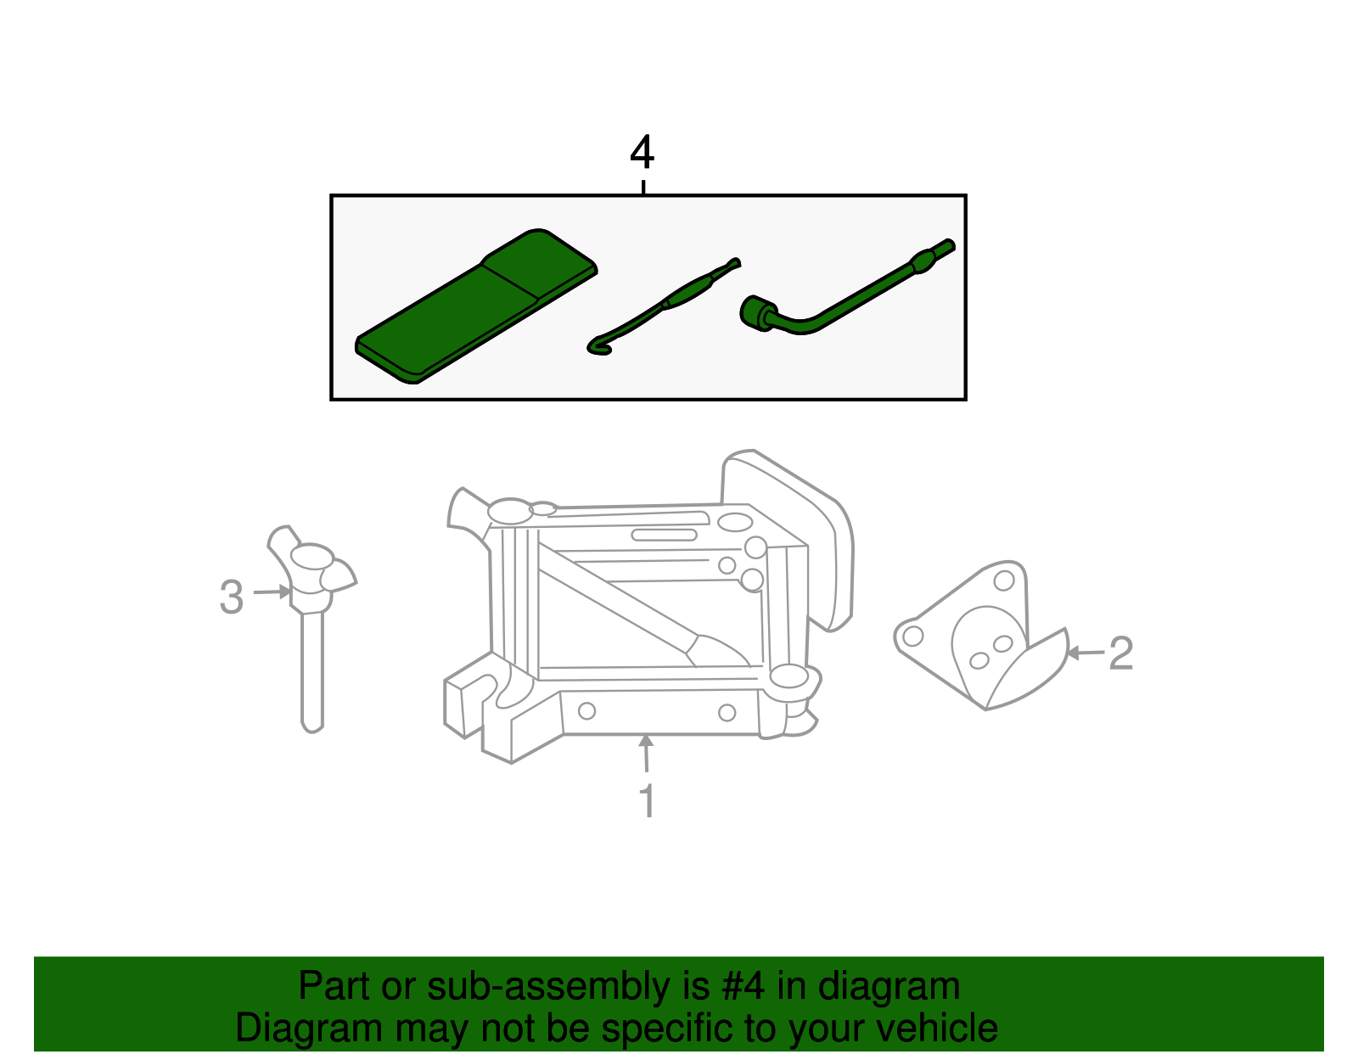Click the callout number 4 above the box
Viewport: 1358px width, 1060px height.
click(642, 152)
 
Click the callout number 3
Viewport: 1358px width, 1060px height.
click(231, 597)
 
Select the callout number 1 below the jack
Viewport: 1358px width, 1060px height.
click(648, 799)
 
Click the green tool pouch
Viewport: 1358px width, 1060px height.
click(476, 306)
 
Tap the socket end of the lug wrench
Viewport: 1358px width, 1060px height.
click(757, 311)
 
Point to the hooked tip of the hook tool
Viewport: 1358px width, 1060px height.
click(598, 346)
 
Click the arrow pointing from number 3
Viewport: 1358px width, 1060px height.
click(272, 591)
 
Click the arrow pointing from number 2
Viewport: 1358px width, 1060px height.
click(1085, 653)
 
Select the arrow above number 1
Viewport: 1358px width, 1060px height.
click(646, 754)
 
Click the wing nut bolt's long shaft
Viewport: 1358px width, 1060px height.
click(311, 671)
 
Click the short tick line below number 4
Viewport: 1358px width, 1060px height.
click(643, 188)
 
